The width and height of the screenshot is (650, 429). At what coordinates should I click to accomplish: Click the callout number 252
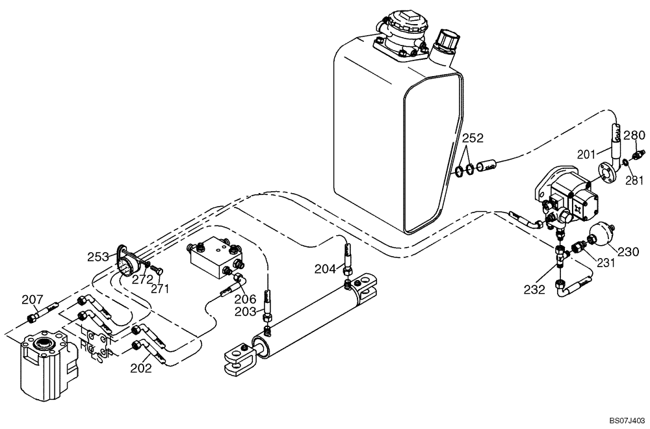pos(473,138)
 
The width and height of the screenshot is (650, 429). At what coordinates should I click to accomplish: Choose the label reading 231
pos(605,263)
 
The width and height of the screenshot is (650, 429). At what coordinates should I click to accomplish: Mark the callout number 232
pos(534,291)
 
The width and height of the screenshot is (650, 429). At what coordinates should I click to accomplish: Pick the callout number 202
pos(141,368)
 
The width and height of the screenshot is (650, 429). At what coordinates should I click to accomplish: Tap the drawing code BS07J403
pos(623,421)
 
